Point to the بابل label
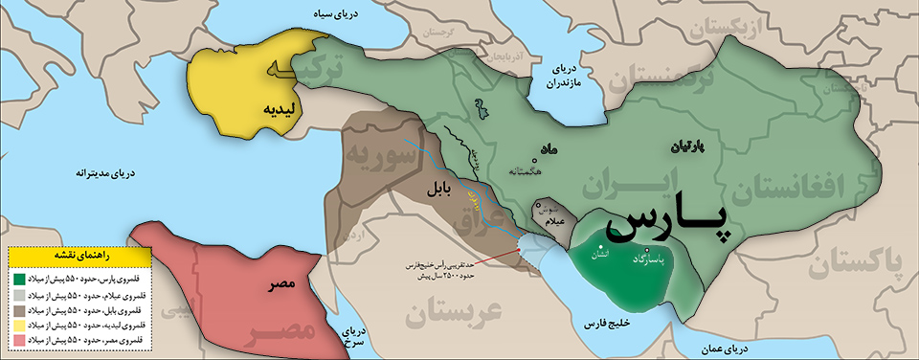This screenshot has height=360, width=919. (x=439, y=190)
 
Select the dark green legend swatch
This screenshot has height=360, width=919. (x=18, y=279)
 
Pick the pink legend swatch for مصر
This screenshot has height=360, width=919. (x=18, y=340)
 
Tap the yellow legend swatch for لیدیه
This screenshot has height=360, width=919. (x=18, y=325)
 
